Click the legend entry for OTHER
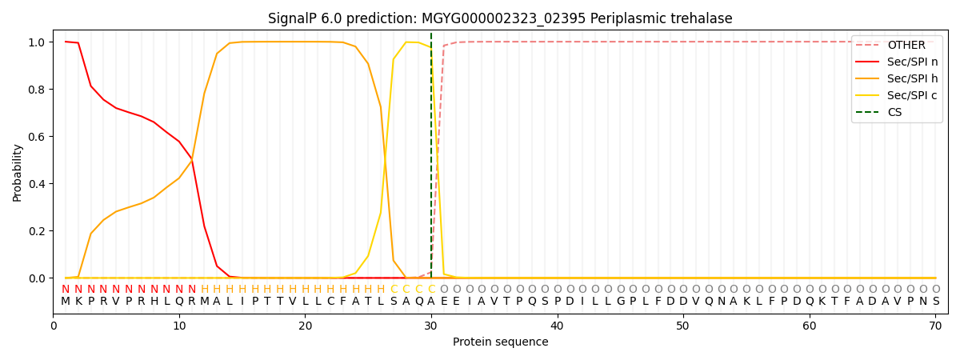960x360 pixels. coord(906,46)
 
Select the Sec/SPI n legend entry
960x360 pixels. coord(913,62)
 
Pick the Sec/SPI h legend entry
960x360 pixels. coord(913,79)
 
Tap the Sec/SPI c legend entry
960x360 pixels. coord(913,96)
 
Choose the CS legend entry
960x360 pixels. coord(894,113)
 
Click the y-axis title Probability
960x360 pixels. coord(18,172)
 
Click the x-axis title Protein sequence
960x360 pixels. coord(500,342)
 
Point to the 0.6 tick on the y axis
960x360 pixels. coord(38,137)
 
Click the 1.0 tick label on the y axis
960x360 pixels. coord(38,42)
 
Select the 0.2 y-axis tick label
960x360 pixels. coord(38,231)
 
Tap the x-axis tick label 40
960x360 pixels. coord(557,326)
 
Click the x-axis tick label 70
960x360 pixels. coord(935,326)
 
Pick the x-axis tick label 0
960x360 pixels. coord(54,326)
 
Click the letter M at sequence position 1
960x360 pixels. coord(66,302)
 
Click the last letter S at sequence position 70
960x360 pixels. coord(935,302)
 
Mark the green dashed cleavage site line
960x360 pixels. coord(431,160)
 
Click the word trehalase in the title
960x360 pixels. coord(704,18)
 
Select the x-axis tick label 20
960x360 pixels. coord(305,326)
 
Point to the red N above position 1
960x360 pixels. coord(66,290)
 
